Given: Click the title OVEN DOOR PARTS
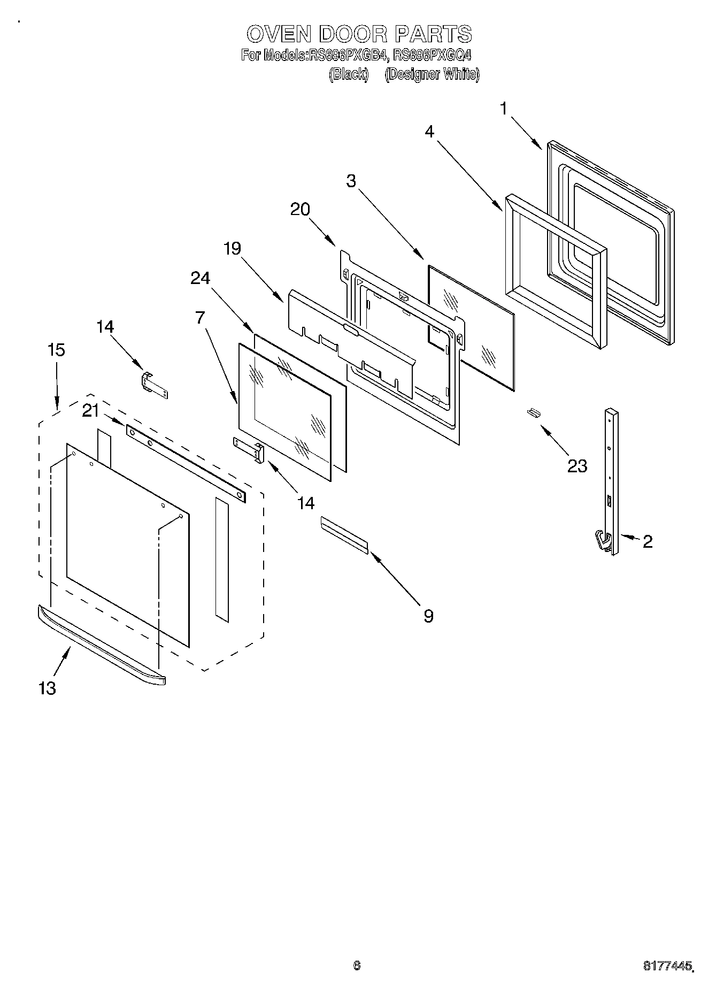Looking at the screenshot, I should pyautogui.click(x=359, y=34).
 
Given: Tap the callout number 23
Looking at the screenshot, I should pyautogui.click(x=577, y=466).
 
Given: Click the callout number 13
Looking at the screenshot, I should pyautogui.click(x=47, y=688).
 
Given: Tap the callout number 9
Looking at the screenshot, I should pyautogui.click(x=428, y=616).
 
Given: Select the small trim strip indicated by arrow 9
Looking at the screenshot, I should pyautogui.click(x=344, y=535).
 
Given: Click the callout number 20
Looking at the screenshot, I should pyautogui.click(x=301, y=210).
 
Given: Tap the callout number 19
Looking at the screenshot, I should pyautogui.click(x=232, y=248).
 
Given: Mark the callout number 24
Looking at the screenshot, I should pyautogui.click(x=200, y=278).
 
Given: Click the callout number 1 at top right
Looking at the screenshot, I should pyautogui.click(x=503, y=109).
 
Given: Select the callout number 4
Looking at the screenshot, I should pyautogui.click(x=430, y=132).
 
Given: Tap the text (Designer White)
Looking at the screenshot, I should pyautogui.click(x=432, y=74).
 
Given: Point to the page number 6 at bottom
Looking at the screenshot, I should pyautogui.click(x=357, y=965).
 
